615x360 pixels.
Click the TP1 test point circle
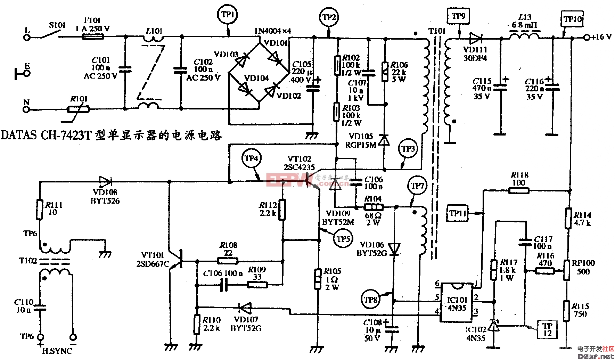tap(228, 15)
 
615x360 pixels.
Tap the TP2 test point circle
tap(328, 17)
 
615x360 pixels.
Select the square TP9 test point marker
tap(458, 16)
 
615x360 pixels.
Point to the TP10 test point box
tap(572, 19)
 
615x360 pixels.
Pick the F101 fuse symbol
tap(92, 36)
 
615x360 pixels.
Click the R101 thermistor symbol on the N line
tap(79, 109)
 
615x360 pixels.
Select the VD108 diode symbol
tap(105, 181)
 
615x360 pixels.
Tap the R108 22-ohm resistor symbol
tap(228, 261)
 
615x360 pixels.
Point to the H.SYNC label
tap(57, 351)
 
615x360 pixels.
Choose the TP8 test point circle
tap(370, 299)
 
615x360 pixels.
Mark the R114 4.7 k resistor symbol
tap(568, 218)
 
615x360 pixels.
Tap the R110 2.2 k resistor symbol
tap(197, 324)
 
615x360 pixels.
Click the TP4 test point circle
tap(251, 159)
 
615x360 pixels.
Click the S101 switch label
tap(57, 25)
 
